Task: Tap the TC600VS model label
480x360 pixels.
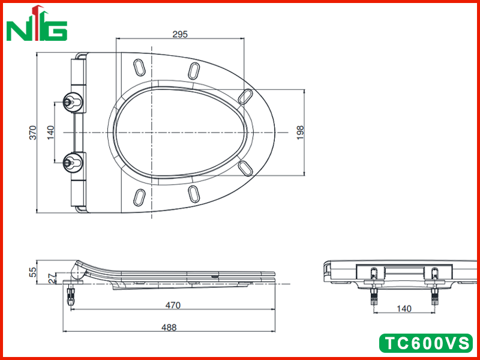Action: (x=426, y=343)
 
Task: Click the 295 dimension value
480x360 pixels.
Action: (x=180, y=34)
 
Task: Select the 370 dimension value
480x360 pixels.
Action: (x=33, y=133)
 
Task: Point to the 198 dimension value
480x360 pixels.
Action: (x=301, y=133)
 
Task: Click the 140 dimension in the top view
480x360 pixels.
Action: (x=50, y=133)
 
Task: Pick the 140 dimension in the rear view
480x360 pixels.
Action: (x=404, y=308)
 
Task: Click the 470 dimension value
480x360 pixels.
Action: (x=173, y=305)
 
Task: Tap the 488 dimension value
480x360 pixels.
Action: (x=169, y=328)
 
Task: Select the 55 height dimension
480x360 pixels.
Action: (x=33, y=272)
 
